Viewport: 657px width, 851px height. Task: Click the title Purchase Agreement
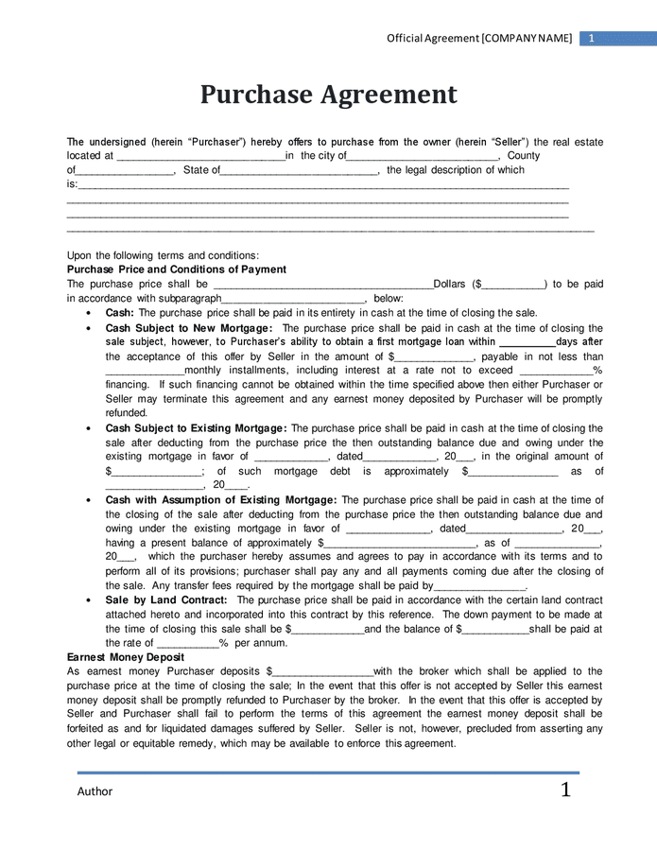point(328,95)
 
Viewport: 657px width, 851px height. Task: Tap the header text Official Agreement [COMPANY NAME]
point(479,38)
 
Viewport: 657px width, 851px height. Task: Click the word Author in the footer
point(95,791)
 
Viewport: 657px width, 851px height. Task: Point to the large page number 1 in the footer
point(565,790)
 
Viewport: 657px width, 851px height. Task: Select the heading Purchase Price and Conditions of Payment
point(176,269)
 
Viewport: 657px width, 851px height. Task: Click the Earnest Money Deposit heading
point(125,656)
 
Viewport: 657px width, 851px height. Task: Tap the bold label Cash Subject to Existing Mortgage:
point(197,428)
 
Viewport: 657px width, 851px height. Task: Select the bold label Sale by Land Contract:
point(166,599)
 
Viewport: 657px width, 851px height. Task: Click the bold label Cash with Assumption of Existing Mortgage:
point(220,499)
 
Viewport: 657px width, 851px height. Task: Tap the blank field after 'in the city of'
point(423,157)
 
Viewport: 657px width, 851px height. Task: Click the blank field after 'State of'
point(299,171)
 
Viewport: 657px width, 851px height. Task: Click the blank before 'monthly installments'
point(145,371)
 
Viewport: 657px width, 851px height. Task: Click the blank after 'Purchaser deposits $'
point(320,671)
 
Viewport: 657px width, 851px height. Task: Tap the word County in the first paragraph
point(524,156)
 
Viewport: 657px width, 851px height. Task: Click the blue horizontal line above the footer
point(328,773)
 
